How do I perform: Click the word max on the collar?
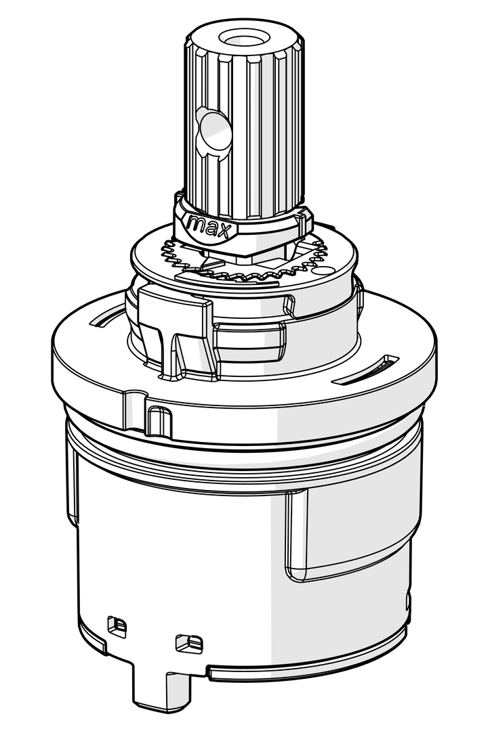pos(209,227)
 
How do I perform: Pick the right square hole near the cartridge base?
pos(189,644)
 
